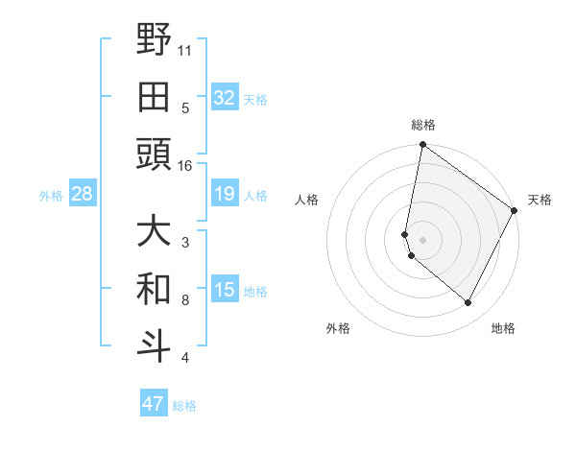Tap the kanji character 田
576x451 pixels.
tap(154, 97)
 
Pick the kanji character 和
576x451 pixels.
tap(154, 289)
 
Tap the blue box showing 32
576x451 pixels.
tap(225, 97)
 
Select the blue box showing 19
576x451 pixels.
tap(225, 194)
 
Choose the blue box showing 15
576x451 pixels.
tap(225, 290)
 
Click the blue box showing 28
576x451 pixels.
tap(83, 194)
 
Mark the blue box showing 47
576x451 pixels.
tap(154, 404)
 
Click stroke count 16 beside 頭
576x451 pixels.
tap(184, 166)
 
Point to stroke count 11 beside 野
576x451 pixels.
tap(184, 49)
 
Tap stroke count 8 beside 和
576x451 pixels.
tap(184, 300)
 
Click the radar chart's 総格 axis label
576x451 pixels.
tap(423, 125)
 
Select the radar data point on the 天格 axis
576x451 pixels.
tap(516, 211)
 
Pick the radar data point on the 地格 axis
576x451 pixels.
tap(468, 303)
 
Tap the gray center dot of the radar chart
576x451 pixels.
tap(423, 238)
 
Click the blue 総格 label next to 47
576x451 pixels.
tap(184, 406)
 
